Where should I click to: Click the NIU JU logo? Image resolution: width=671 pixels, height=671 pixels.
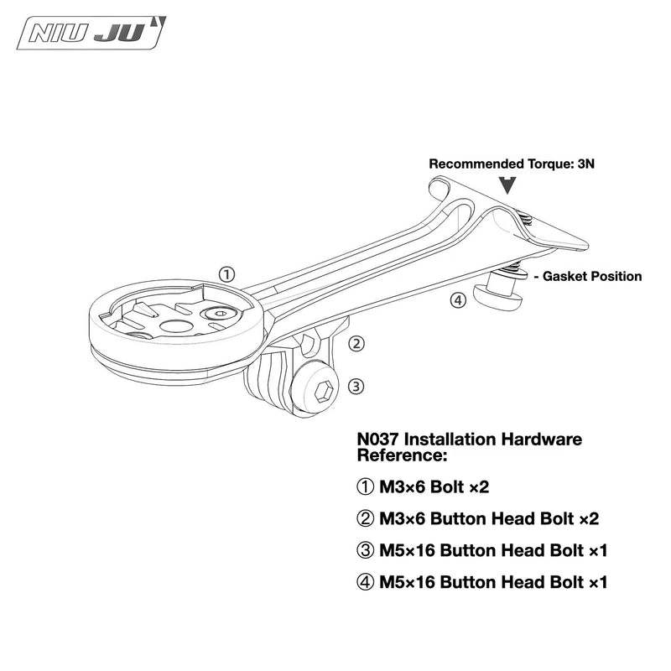pyautogui.click(x=91, y=33)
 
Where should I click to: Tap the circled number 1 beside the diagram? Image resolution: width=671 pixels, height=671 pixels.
pyautogui.click(x=226, y=274)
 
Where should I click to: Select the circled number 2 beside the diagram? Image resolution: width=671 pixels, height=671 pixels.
pyautogui.click(x=356, y=343)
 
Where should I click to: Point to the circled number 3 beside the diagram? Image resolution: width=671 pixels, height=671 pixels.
pyautogui.click(x=356, y=387)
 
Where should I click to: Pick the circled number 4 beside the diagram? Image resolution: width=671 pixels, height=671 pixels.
pyautogui.click(x=458, y=301)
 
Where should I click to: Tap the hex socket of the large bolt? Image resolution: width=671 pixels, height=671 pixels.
pyautogui.click(x=324, y=391)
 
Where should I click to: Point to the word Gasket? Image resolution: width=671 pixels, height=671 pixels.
pyautogui.click(x=563, y=276)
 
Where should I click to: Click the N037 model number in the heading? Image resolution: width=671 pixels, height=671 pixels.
pyautogui.click(x=378, y=440)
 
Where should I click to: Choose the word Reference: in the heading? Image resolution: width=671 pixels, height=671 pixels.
pyautogui.click(x=402, y=455)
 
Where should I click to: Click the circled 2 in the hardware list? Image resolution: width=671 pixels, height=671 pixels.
pyautogui.click(x=365, y=518)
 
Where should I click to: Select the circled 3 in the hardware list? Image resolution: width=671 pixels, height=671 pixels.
pyautogui.click(x=365, y=550)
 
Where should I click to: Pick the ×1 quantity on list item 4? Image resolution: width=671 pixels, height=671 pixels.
pyautogui.click(x=598, y=582)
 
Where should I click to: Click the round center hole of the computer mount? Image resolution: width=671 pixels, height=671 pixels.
pyautogui.click(x=176, y=327)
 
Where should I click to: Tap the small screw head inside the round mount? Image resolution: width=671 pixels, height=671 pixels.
pyautogui.click(x=221, y=314)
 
